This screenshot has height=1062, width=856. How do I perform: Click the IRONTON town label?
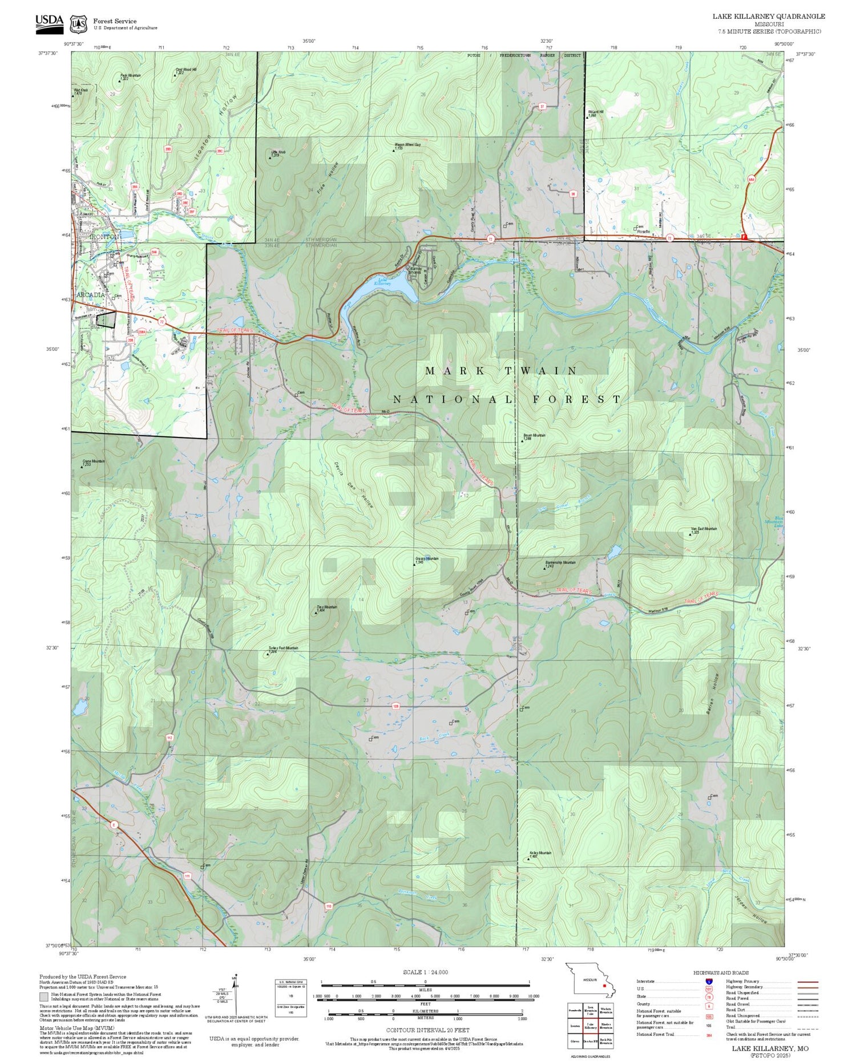(105, 236)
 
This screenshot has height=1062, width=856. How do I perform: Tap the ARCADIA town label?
(91, 295)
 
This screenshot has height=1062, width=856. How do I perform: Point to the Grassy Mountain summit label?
(427, 559)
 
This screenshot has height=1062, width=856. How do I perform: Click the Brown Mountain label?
(534, 435)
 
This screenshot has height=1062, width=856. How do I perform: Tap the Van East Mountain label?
(704, 529)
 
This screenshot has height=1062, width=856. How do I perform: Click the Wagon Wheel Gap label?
(407, 145)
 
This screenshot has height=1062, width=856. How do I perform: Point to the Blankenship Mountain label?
(560, 562)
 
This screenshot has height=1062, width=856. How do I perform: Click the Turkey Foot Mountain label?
(283, 648)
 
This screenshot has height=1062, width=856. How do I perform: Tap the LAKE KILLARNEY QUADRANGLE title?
(768, 16)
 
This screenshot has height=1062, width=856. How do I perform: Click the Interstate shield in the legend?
(709, 982)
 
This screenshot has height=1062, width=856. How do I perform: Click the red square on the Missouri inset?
(604, 985)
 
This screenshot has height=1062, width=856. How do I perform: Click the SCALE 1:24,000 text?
(425, 972)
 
